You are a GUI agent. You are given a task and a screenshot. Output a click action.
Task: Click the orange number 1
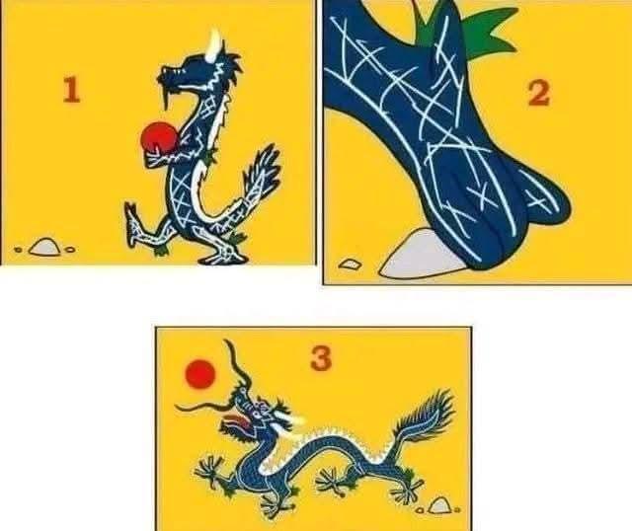pyautogui.click(x=71, y=90)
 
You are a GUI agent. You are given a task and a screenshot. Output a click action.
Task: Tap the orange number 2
pyautogui.click(x=539, y=93)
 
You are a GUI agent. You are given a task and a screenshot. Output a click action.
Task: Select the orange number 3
pyautogui.click(x=321, y=358)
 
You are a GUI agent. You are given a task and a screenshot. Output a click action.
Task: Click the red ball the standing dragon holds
pyautogui.click(x=158, y=136)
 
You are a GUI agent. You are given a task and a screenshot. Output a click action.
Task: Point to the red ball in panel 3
pyautogui.click(x=199, y=374)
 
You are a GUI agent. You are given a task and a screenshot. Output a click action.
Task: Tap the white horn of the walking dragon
pyautogui.click(x=214, y=45)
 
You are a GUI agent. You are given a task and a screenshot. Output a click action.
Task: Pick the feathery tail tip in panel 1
pyautogui.click(x=263, y=166)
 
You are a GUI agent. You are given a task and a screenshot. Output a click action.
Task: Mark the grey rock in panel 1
pyautogui.click(x=44, y=247)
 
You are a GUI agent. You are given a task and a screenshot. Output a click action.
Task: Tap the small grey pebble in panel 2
pyautogui.click(x=350, y=264)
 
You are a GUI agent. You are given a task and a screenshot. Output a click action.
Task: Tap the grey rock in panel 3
pyautogui.click(x=438, y=505)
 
